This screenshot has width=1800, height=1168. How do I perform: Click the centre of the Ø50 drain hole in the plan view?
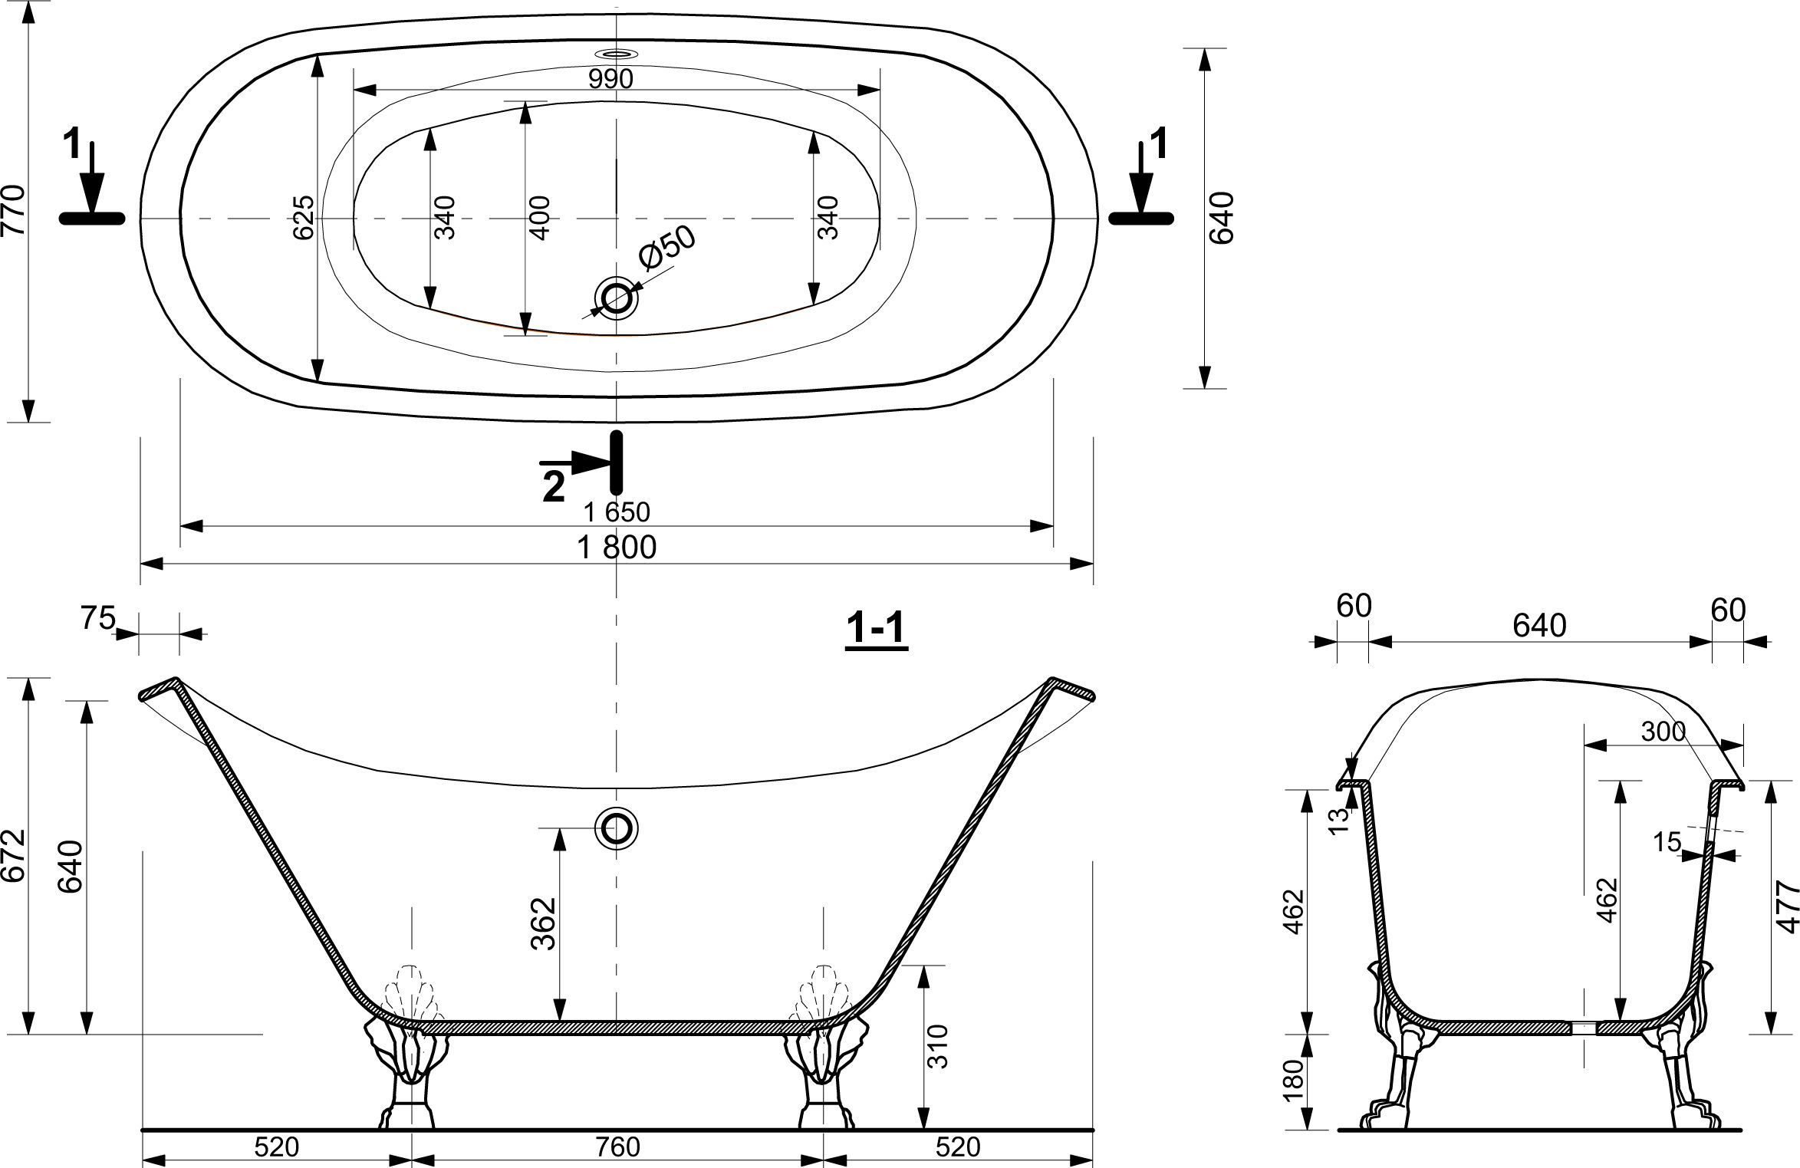click(616, 298)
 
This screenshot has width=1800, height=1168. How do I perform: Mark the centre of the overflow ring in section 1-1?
click(617, 828)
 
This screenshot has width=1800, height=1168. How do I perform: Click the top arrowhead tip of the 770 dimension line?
click(28, 13)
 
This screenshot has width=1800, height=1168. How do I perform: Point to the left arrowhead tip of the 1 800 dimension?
click(142, 564)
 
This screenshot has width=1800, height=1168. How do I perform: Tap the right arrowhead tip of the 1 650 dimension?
click(1054, 526)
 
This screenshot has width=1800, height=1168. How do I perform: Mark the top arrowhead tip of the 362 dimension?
click(560, 829)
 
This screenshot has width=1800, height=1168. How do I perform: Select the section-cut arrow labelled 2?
click(583, 464)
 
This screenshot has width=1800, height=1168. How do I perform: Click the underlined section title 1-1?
click(877, 630)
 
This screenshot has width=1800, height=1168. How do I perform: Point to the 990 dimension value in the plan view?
click(611, 78)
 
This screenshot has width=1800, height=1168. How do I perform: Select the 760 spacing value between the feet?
click(617, 1147)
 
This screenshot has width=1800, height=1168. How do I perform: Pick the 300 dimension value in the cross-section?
click(1663, 732)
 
